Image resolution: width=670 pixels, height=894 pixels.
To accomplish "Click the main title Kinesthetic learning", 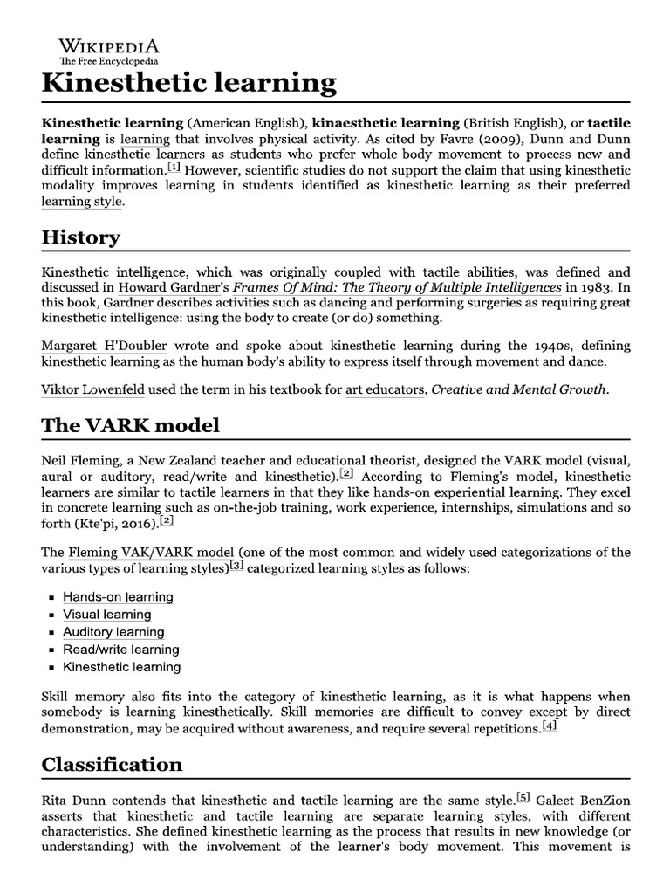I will [188, 83].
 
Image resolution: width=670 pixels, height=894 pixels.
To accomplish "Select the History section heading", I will [81, 237].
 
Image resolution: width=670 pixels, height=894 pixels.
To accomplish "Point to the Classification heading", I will [113, 764].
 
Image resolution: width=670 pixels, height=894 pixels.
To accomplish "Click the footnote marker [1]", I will [174, 167].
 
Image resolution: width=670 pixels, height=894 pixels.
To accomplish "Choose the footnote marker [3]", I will [236, 567].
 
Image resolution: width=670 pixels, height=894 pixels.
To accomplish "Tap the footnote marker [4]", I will [548, 726].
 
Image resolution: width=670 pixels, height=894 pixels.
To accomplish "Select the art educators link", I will [385, 389].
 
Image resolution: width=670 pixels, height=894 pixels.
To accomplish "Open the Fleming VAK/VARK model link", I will [150, 553].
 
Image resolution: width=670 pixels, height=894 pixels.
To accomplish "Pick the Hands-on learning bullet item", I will [118, 597].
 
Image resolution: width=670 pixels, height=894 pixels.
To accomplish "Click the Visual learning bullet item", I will [107, 615].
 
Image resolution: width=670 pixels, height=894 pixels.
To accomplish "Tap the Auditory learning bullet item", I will [113, 632].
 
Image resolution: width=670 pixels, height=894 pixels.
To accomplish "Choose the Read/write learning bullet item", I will [121, 650].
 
